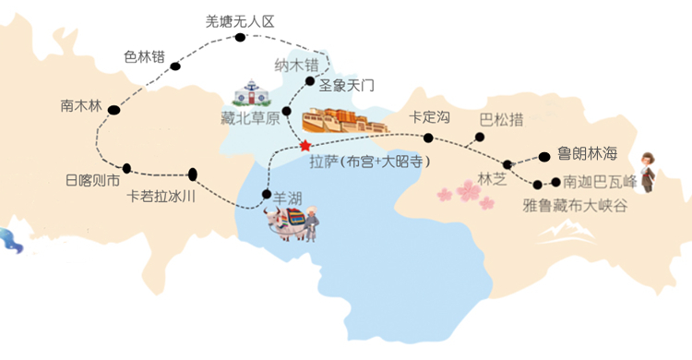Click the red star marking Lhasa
304,144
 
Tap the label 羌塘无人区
240,20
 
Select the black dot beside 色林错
174,65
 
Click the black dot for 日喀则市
127,168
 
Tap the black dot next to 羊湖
266,194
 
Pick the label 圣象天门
346,86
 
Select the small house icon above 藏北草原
248,94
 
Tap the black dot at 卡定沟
428,138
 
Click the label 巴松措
499,120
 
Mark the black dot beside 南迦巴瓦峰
555,182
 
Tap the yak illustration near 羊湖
287,222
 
